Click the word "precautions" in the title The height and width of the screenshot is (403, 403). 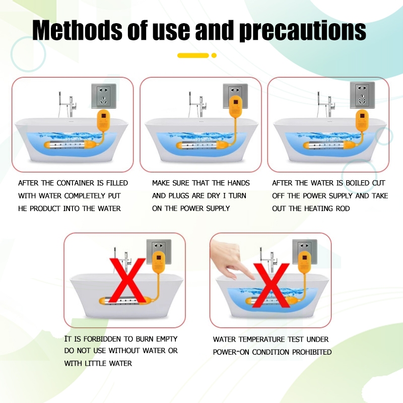(x=303, y=30)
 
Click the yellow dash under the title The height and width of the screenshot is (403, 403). (x=193, y=55)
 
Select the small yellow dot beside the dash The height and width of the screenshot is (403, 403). (x=214, y=55)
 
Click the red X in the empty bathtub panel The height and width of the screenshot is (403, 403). (x=128, y=281)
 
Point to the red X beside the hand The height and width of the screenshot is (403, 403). (x=271, y=285)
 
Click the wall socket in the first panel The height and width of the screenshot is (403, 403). (x=104, y=96)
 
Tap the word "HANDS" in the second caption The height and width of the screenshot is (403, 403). (x=238, y=183)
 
